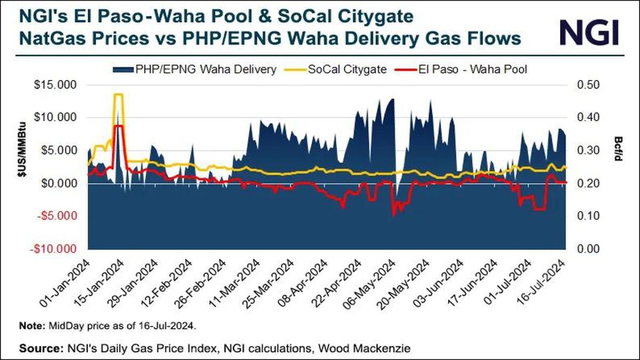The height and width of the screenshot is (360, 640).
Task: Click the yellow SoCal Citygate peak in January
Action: pyautogui.click(x=118, y=95)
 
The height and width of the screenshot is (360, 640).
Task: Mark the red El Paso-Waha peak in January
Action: pyautogui.click(x=118, y=126)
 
